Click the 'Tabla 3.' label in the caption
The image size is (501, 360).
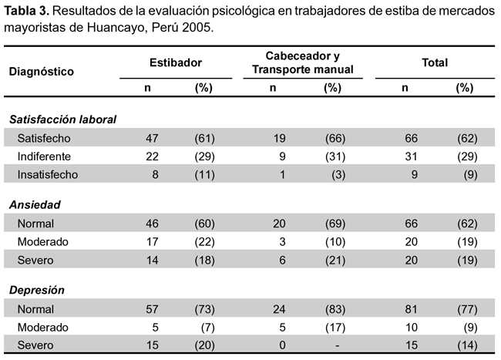click(26, 11)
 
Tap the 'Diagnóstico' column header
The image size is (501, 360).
click(41, 72)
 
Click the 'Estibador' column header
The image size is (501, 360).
click(176, 62)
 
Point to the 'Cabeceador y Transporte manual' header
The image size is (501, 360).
click(303, 62)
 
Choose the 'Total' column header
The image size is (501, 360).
click(435, 62)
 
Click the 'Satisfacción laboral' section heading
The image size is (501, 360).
click(62, 119)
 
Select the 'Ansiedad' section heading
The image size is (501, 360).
click(35, 205)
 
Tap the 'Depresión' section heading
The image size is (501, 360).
click(37, 290)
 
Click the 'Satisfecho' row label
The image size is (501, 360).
click(44, 138)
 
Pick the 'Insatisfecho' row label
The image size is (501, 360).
click(48, 175)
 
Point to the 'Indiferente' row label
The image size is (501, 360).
click(44, 156)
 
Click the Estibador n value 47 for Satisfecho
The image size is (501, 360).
click(152, 138)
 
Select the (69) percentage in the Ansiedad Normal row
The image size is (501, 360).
click(335, 224)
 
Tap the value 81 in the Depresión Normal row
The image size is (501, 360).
click(411, 309)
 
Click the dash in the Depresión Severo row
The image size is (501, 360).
click(337, 345)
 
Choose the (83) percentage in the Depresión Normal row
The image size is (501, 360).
click(335, 309)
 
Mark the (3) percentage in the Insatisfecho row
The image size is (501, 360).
click(338, 175)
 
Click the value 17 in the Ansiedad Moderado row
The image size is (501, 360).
click(152, 242)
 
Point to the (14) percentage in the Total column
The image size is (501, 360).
click(467, 345)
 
